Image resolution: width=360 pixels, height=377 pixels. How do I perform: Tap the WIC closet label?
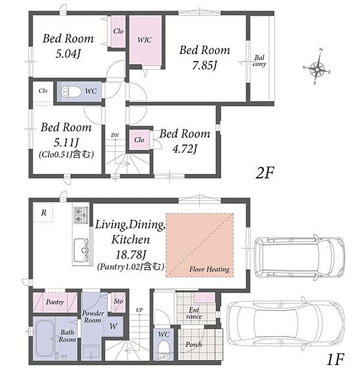click(145, 40)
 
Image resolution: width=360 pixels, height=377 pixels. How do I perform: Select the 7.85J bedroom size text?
click(204, 65)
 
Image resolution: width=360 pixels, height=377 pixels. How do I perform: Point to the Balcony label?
click(259, 61)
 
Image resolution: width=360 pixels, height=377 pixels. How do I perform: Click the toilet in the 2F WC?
click(71, 92)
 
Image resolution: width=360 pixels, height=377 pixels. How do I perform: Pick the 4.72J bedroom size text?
click(185, 150)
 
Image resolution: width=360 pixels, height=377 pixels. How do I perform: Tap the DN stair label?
click(115, 135)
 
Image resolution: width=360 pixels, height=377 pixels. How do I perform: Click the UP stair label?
click(139, 310)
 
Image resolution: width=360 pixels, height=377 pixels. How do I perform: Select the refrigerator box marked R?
click(43, 212)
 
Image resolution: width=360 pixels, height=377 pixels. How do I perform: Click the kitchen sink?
click(81, 250)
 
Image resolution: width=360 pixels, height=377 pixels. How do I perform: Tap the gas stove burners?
click(78, 215)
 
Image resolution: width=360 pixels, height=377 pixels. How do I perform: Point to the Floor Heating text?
click(209, 269)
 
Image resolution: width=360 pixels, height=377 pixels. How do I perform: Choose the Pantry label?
click(55, 302)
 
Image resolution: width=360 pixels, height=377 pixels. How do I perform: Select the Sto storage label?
click(118, 301)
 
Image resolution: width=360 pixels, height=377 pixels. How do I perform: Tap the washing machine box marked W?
click(113, 326)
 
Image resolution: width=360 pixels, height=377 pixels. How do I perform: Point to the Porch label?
click(194, 344)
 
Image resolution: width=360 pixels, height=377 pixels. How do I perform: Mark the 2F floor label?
click(265, 173)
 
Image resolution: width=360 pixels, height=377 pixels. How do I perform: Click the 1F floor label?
click(335, 359)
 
